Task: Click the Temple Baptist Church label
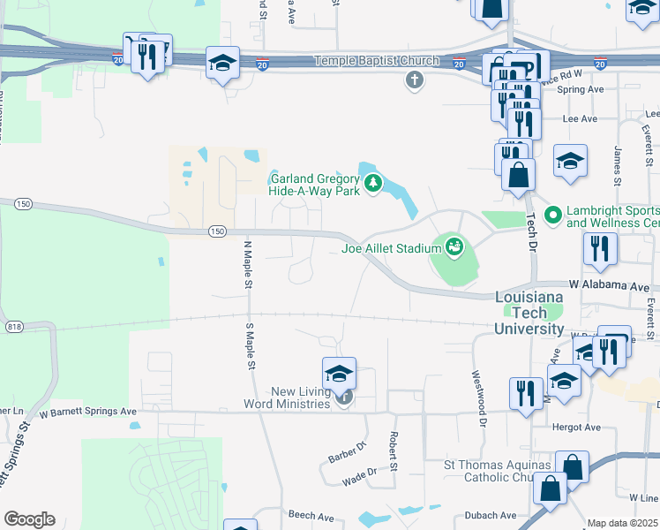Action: tap(377, 61)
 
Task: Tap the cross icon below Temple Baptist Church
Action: tap(414, 81)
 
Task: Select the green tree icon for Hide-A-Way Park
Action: tap(374, 184)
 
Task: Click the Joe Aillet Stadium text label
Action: tap(391, 248)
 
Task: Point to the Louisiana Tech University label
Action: tap(529, 313)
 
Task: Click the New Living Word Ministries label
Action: tap(292, 398)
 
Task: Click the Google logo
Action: tap(29, 519)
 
